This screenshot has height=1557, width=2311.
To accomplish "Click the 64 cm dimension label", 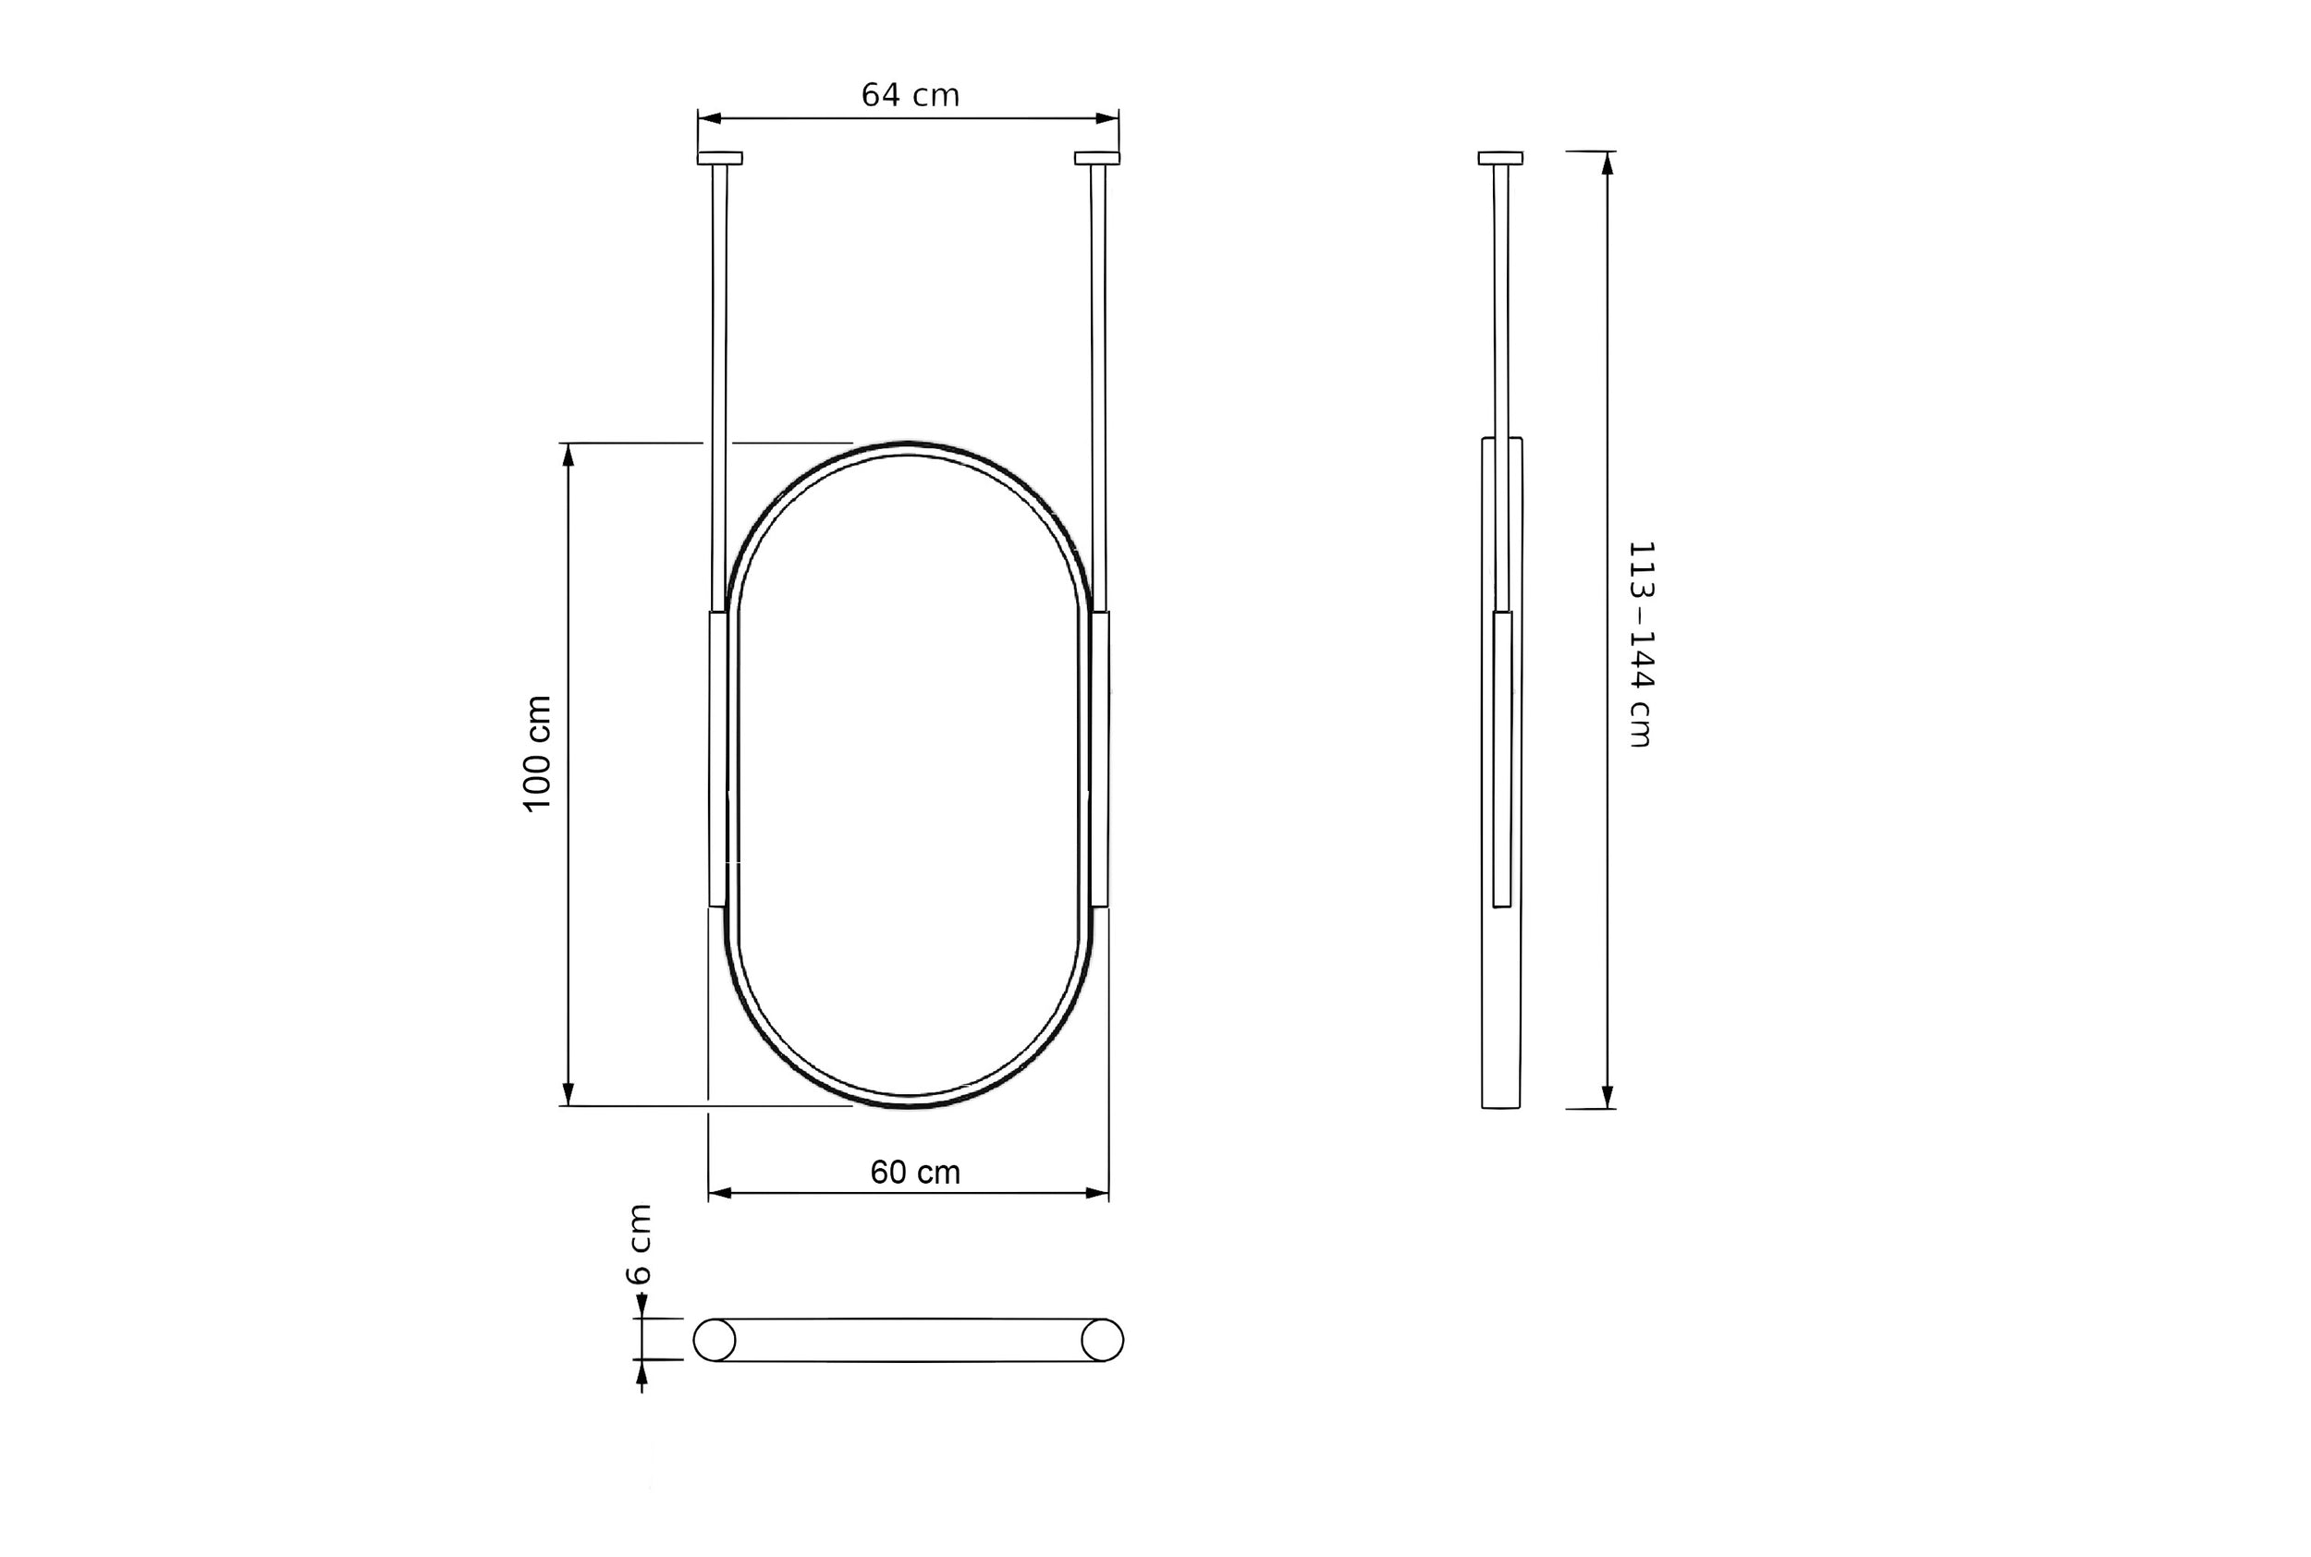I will [910, 95].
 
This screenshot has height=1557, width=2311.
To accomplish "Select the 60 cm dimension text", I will [914, 1173].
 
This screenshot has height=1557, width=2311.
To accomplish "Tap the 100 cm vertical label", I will [537, 754].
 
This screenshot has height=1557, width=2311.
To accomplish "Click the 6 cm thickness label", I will [640, 1244].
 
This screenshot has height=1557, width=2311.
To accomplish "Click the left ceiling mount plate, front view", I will [719, 158].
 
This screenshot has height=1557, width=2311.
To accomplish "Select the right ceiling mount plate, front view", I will [1096, 158].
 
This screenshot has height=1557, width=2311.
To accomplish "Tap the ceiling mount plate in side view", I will [1499, 158].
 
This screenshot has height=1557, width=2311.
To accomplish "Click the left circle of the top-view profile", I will [714, 1340].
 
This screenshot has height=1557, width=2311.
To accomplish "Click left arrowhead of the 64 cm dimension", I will [709, 118].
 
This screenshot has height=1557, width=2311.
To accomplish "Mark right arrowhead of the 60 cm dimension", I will [1097, 1193].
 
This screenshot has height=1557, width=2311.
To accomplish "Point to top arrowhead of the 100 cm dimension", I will [569, 454].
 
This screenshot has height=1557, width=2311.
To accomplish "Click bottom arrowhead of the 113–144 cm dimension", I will [1607, 1096].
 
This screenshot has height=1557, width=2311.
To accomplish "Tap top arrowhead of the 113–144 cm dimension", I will [1607, 163].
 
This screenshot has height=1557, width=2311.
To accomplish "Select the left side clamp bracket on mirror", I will [718, 760].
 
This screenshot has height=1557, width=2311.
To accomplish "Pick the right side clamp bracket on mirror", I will [1099, 760].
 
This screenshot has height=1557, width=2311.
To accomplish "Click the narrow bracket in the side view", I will [1501, 760].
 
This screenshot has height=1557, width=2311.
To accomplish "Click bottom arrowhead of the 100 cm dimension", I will [569, 1094].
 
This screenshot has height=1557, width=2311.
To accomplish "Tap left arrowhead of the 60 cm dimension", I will [720, 1193].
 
